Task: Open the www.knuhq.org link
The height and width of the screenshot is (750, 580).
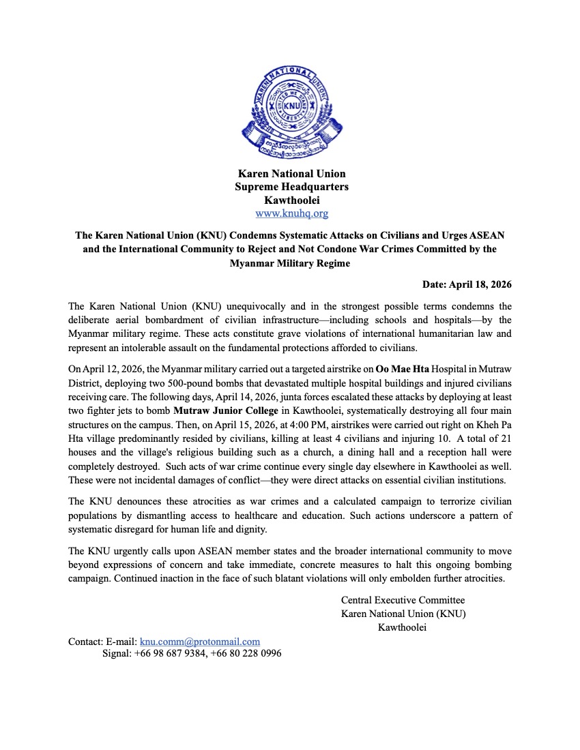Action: tap(291, 213)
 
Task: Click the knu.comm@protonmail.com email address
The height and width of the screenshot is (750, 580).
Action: tap(200, 642)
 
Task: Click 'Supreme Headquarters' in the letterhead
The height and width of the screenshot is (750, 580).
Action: tap(291, 187)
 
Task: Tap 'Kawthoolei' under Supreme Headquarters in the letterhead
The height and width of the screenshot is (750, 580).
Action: tap(291, 200)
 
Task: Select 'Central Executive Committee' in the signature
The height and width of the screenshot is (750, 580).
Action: tap(403, 600)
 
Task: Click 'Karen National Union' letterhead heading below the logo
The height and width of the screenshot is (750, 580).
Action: tap(291, 174)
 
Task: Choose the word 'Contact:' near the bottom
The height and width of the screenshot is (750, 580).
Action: tap(86, 642)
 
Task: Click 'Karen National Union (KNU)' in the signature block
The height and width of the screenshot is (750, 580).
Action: tap(403, 614)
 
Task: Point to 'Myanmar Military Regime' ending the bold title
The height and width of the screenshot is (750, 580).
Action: tap(290, 263)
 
